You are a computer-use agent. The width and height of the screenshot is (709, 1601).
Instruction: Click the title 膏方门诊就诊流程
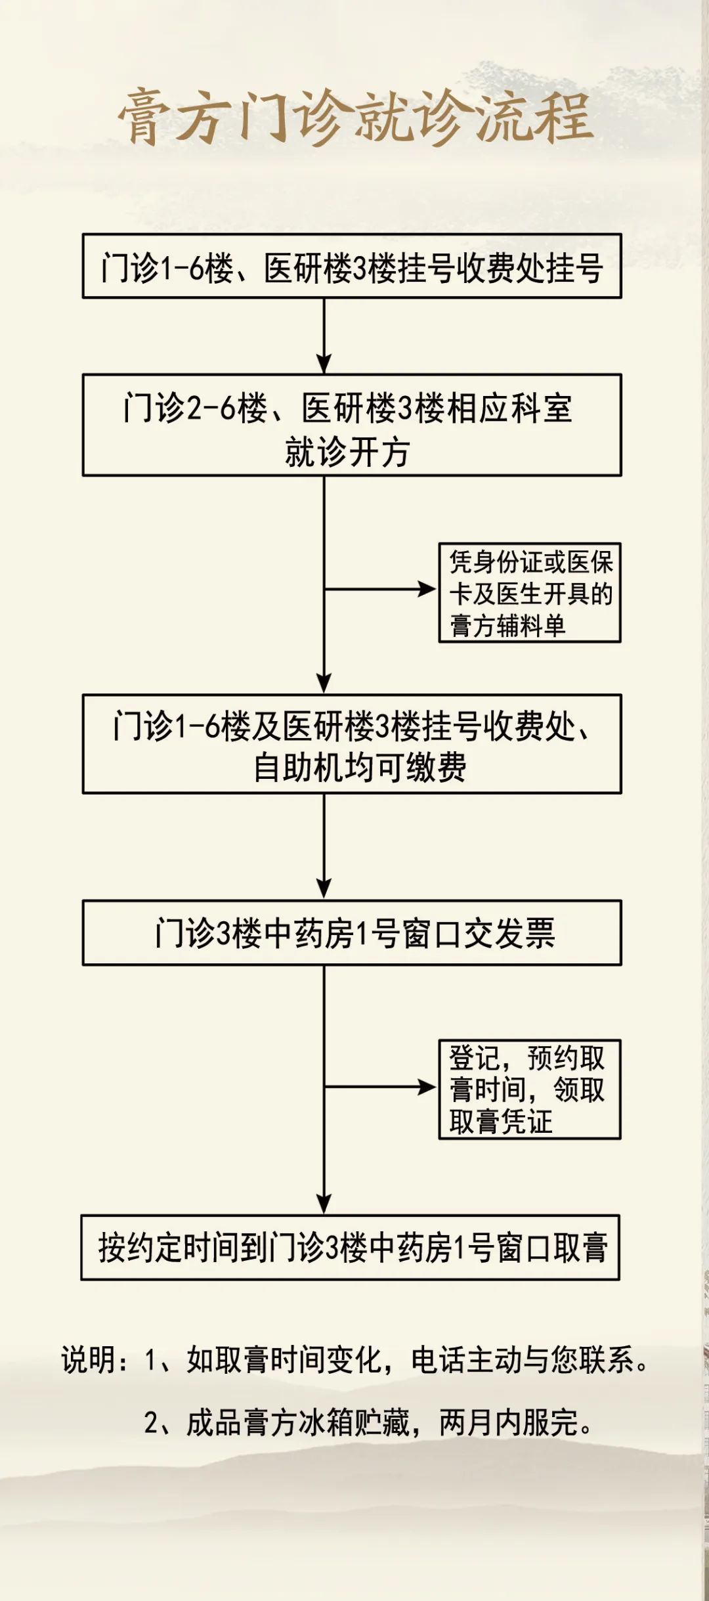click(x=355, y=117)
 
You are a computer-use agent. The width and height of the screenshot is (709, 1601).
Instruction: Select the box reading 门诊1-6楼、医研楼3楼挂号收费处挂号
click(x=352, y=266)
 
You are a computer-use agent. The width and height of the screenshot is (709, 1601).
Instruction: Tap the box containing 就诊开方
click(x=352, y=425)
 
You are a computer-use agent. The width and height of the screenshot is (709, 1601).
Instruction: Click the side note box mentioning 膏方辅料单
click(x=530, y=592)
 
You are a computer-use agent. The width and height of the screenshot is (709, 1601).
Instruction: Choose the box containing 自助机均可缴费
click(x=352, y=744)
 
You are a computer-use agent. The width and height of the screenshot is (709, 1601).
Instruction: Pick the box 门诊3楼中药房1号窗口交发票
click(x=352, y=932)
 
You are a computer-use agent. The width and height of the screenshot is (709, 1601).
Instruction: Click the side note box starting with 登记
click(x=530, y=1089)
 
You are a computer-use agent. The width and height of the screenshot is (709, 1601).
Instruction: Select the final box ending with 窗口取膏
click(x=351, y=1247)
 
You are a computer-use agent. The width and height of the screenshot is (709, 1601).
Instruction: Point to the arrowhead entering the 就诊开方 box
click(x=324, y=364)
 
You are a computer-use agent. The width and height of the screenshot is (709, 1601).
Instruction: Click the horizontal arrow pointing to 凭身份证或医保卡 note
click(x=380, y=589)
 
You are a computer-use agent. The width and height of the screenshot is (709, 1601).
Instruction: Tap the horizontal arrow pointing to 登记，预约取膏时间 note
click(x=380, y=1087)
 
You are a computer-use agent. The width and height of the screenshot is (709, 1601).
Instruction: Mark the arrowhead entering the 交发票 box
click(x=324, y=889)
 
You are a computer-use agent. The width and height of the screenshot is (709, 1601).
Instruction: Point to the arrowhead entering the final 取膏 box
click(x=324, y=1204)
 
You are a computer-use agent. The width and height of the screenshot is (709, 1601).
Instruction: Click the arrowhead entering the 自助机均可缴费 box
click(x=324, y=684)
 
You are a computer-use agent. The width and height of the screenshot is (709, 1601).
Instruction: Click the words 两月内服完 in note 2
click(x=516, y=1422)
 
